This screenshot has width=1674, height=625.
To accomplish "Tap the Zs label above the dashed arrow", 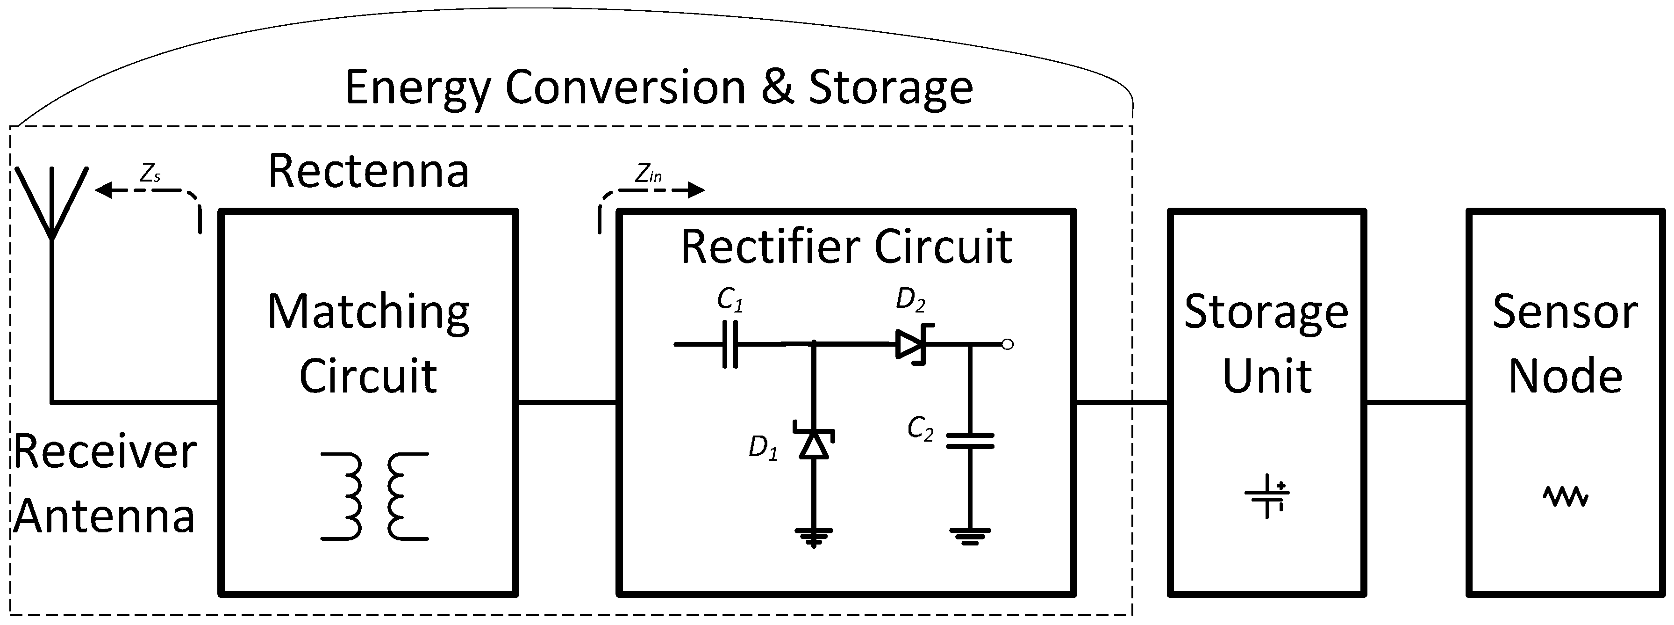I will pyautogui.click(x=150, y=174).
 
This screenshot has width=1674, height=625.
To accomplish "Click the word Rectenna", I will pyautogui.click(x=368, y=171).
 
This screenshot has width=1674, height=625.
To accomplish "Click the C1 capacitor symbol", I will pyautogui.click(x=730, y=344).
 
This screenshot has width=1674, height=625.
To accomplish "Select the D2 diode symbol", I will pyautogui.click(x=912, y=344).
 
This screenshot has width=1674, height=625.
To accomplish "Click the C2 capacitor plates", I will pyautogui.click(x=970, y=441).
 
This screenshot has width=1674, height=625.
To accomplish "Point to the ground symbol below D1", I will pyautogui.click(x=814, y=537).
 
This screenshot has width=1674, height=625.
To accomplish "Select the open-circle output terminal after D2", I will pyautogui.click(x=1007, y=345).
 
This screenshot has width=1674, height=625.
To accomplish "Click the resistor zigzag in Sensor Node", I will pyautogui.click(x=1566, y=497).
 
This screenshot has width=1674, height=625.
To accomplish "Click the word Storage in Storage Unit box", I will pyautogui.click(x=1266, y=313).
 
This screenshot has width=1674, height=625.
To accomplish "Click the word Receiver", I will pyautogui.click(x=105, y=451).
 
